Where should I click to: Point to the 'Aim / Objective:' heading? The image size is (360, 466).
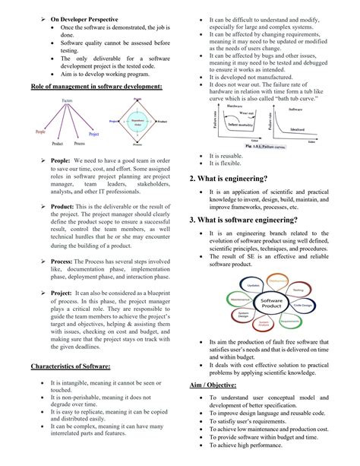[x=216, y=386]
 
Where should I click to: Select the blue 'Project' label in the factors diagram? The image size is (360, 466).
[x=94, y=134]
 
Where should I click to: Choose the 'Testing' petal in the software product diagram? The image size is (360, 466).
[x=298, y=290]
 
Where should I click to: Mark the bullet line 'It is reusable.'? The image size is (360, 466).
[x=226, y=155]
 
